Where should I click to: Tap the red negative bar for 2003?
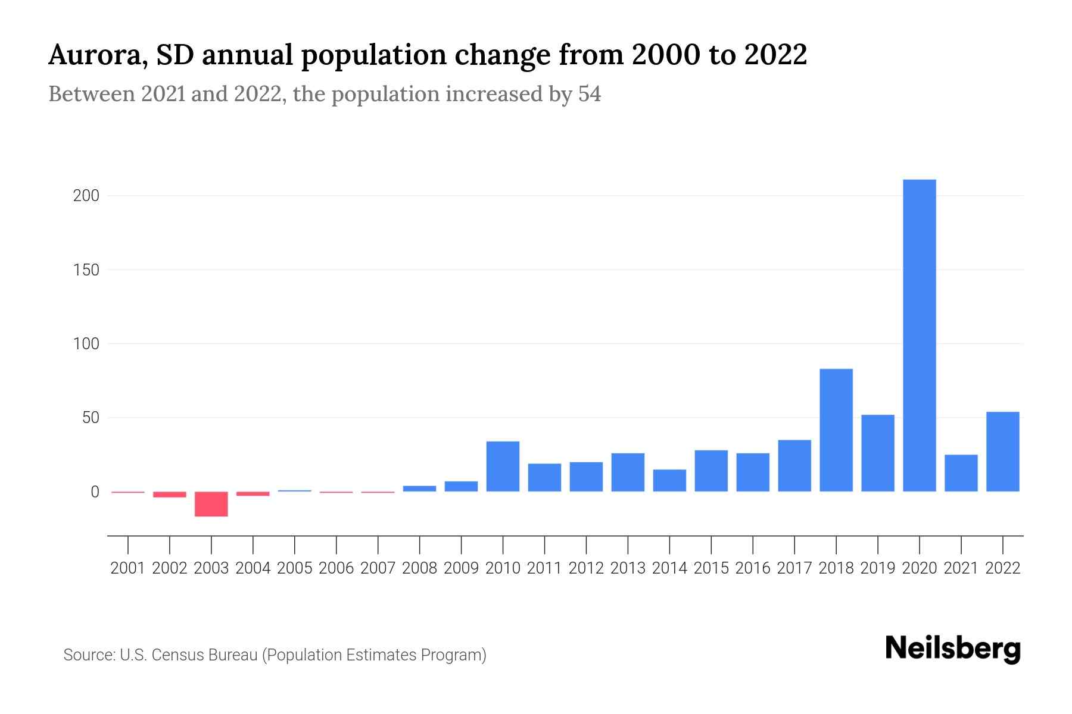(x=211, y=504)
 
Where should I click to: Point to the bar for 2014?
(x=669, y=480)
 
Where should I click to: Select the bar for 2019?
(x=877, y=453)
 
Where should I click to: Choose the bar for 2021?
(x=961, y=473)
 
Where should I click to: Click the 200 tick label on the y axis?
(x=86, y=196)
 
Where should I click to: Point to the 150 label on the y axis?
(x=86, y=270)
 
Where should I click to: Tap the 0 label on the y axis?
(x=95, y=492)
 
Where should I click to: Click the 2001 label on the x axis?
(x=128, y=568)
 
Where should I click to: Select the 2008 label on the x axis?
(x=419, y=568)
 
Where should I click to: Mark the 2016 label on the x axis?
(x=753, y=568)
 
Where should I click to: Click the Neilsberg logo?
(x=952, y=649)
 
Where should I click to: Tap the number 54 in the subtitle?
(x=589, y=94)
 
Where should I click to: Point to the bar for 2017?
(x=794, y=465)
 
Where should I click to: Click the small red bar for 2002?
(x=170, y=494)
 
